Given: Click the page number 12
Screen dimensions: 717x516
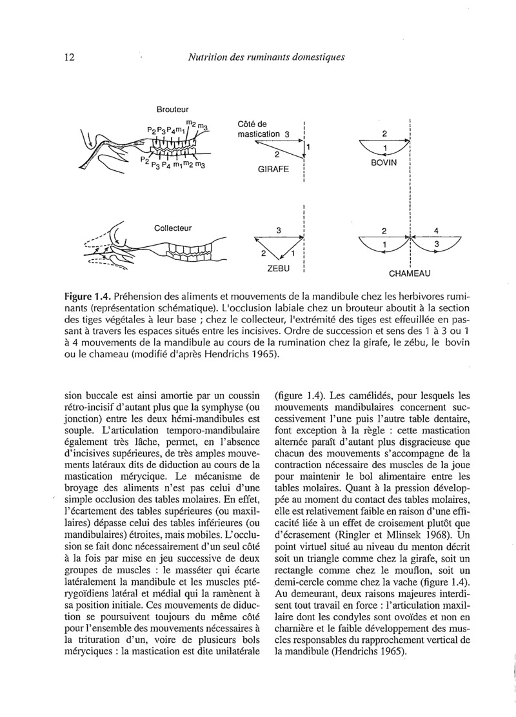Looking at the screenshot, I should coord(70,57).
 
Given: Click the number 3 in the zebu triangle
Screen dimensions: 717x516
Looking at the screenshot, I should coord(279,230).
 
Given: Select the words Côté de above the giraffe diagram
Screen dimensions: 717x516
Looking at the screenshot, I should coord(252,124).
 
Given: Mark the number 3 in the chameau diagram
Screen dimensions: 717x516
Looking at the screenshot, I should coord(437,245).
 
